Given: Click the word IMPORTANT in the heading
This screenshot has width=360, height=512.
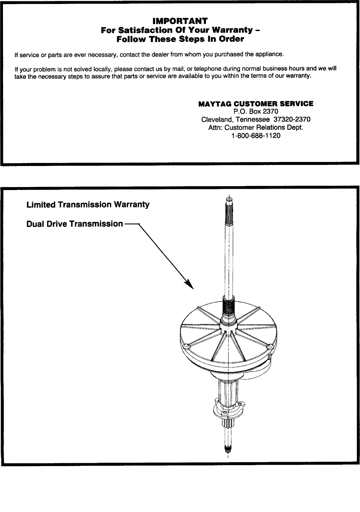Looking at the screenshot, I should point(180,21).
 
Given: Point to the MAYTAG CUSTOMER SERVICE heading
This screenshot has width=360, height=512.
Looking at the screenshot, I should point(256,104).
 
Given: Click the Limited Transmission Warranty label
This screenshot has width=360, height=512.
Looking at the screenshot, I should point(88,205).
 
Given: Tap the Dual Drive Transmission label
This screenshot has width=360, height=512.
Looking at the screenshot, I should point(74,224).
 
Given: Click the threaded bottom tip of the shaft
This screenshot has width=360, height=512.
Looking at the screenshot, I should point(228,449).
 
